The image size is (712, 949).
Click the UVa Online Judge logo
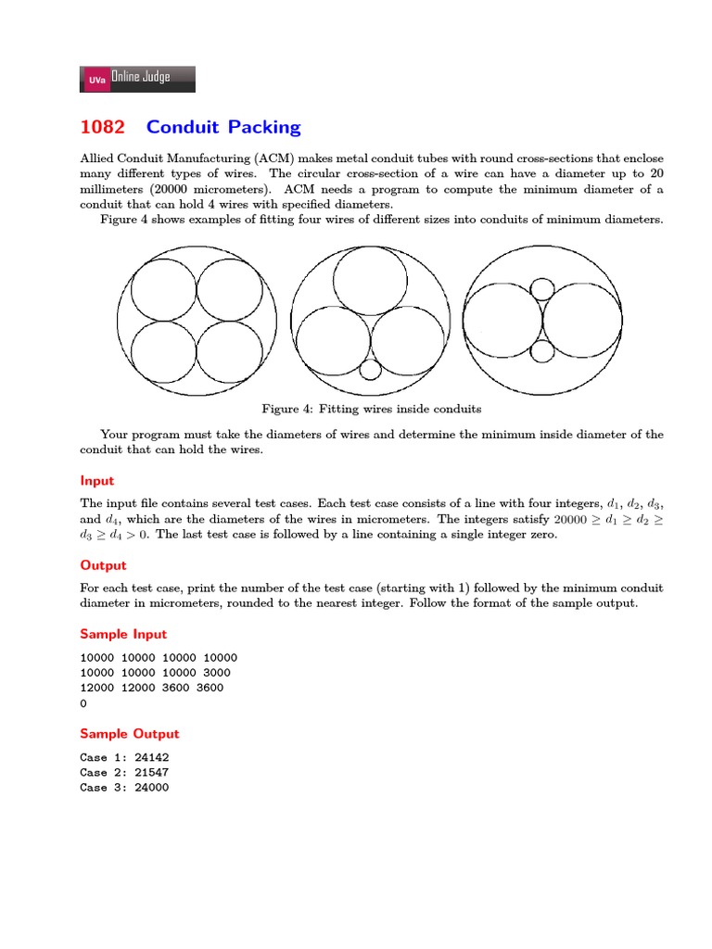tap(137, 79)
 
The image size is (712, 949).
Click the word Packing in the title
tap(262, 128)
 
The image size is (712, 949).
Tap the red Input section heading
tap(97, 481)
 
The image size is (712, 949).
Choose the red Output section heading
tap(103, 565)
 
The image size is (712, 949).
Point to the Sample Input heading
tap(123, 634)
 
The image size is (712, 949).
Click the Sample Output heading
tap(130, 734)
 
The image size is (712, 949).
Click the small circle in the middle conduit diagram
tap(370, 369)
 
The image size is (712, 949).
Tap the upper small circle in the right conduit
tap(542, 288)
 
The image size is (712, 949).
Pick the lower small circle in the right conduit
tap(542, 351)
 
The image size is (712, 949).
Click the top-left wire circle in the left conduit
tap(163, 286)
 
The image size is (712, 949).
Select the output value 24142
tap(150, 757)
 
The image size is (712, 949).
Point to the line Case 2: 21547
tap(124, 772)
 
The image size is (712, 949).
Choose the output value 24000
tap(150, 787)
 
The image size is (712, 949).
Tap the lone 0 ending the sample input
tap(83, 703)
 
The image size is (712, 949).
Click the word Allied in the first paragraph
tap(99, 159)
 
